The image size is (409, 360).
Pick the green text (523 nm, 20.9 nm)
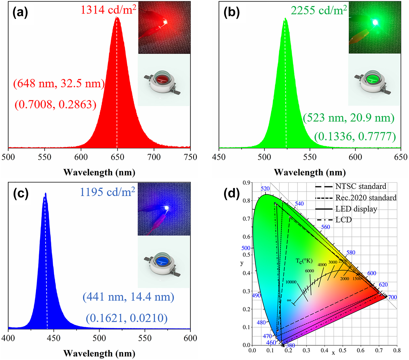click(x=349, y=118)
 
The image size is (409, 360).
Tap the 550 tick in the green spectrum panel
click(x=310, y=157)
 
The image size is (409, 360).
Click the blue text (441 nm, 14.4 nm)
click(x=128, y=297)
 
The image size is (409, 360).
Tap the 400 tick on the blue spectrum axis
click(x=8, y=338)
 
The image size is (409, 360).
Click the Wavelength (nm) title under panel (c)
click(x=99, y=353)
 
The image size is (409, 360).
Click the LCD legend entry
click(x=343, y=220)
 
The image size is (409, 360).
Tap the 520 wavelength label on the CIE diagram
click(x=265, y=189)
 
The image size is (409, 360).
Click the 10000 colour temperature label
click(x=291, y=282)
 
